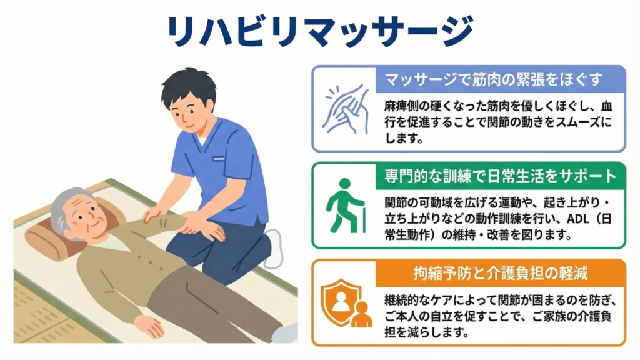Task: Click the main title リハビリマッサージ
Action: [320, 31]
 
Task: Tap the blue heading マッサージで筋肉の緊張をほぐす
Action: [494, 79]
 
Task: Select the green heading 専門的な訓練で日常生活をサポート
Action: [501, 176]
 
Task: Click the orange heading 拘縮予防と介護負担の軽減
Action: [501, 272]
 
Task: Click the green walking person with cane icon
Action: [345, 206]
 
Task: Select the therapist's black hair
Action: [189, 87]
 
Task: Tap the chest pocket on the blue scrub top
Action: [219, 158]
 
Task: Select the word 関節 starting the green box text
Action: [396, 202]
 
